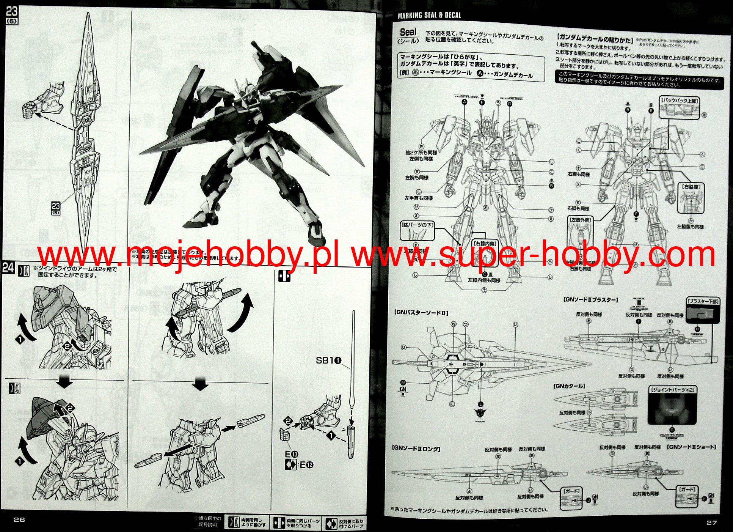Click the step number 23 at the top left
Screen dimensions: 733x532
tap(11, 12)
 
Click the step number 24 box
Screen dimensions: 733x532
tap(8, 268)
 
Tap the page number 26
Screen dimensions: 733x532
tap(19, 519)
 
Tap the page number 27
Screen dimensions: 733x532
tap(712, 523)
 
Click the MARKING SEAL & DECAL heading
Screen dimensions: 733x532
tap(429, 16)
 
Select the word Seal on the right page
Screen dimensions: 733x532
tap(408, 32)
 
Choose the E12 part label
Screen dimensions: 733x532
tap(306, 465)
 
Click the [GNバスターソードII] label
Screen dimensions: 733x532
tap(421, 313)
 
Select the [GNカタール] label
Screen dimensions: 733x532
tap(569, 386)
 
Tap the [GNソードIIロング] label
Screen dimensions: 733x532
tap(416, 449)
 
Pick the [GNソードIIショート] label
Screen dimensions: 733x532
tap(692, 447)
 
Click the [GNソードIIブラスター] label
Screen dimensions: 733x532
tap(591, 299)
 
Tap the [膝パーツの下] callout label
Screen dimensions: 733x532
tap(417, 225)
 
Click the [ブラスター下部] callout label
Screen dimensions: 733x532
tap(703, 302)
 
